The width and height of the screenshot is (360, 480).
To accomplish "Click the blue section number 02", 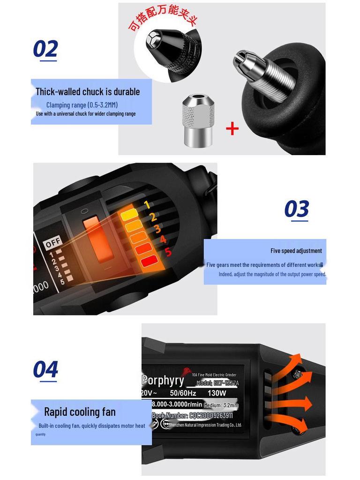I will tap(45, 49).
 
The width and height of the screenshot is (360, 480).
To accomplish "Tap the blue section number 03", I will tap(297, 209).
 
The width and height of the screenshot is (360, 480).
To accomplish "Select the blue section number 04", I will tap(45, 369).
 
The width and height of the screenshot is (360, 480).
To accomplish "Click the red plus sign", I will tap(232, 128).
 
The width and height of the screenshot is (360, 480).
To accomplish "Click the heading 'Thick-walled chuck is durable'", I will tap(88, 92).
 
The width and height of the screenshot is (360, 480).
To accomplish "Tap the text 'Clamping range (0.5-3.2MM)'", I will tap(82, 105).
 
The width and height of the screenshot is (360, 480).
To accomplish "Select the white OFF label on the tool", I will tap(53, 243).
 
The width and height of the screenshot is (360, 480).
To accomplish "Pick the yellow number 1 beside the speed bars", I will tap(147, 205).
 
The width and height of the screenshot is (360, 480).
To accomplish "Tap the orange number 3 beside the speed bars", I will tap(157, 229).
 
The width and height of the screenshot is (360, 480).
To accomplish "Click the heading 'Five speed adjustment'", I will tap(296, 251).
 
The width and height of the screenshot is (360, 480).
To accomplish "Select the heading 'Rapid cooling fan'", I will tap(80, 412).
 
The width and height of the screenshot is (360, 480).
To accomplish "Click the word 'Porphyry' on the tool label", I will tap(163, 380).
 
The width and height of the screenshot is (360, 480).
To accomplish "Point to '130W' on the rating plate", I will tap(217, 393).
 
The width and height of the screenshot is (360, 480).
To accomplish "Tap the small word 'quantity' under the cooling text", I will tap(40, 434).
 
